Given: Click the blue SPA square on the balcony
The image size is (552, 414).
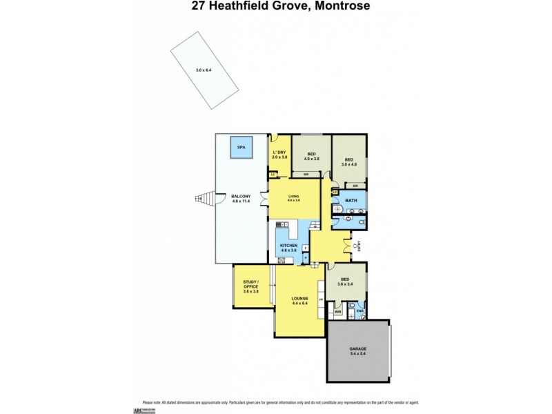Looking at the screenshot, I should [241, 148].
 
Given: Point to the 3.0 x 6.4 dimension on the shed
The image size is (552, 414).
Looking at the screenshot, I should [204, 70].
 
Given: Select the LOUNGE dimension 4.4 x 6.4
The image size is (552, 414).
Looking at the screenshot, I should [299, 304].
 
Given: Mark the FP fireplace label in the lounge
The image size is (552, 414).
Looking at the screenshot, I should [321, 299].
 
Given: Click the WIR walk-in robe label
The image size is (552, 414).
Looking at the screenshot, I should [337, 313].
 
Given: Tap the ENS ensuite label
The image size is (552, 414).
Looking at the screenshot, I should [359, 313].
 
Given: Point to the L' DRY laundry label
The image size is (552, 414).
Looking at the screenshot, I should [279, 152].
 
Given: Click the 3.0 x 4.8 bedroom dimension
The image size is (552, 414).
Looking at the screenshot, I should [349, 164].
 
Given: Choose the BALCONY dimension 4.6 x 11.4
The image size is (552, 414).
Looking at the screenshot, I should [241, 201].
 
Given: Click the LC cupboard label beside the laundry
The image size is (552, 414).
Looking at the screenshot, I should [273, 175].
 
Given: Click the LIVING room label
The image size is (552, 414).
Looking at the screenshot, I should [294, 196].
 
